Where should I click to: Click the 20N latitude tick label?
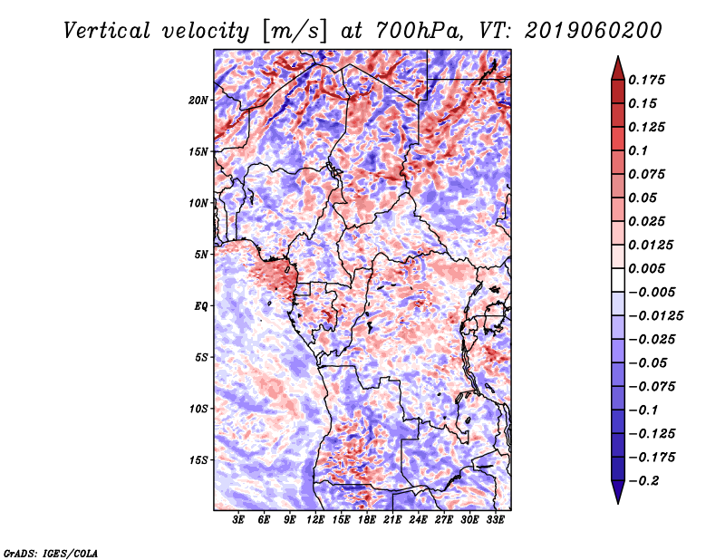[198, 101]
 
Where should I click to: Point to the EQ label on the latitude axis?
[201, 306]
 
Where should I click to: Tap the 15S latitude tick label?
[198, 460]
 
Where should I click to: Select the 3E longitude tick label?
[238, 520]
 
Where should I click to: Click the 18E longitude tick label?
[367, 520]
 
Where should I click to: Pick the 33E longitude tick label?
[495, 520]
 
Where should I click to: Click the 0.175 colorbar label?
[646, 80]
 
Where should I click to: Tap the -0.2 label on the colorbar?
[643, 481]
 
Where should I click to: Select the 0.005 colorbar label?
[646, 268]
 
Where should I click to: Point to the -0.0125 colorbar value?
[655, 316]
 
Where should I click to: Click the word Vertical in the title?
[107, 31]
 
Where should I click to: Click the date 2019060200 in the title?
[594, 31]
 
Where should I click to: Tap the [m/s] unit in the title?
[295, 32]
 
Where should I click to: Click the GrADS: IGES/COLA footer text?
[51, 554]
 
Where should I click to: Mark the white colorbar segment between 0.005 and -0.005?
[618, 280]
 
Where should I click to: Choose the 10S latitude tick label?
[198, 409]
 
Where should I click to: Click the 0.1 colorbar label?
[638, 150]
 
